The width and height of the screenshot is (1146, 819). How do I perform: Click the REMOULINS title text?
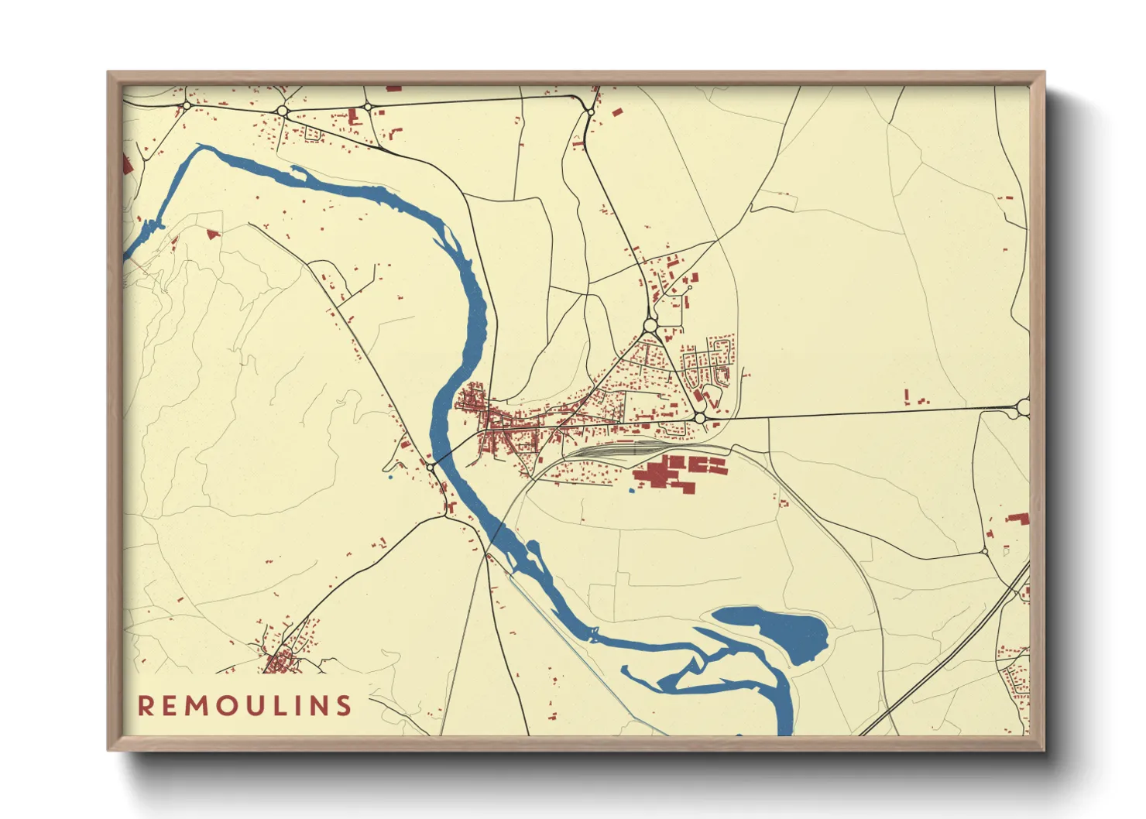pyautogui.click(x=245, y=705)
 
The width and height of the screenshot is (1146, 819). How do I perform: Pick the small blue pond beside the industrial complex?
pyautogui.click(x=632, y=490)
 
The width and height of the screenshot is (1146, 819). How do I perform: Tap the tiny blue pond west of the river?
pyautogui.click(x=390, y=477)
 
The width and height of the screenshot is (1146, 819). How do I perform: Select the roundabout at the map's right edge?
pyautogui.click(x=1024, y=406)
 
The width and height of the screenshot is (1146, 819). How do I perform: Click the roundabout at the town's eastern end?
pyautogui.click(x=700, y=418)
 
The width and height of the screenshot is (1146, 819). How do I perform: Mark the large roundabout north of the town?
pyautogui.click(x=650, y=325)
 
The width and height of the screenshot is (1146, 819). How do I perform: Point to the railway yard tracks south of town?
pyautogui.click(x=619, y=448)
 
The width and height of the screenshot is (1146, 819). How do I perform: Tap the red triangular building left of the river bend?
pyautogui.click(x=212, y=231)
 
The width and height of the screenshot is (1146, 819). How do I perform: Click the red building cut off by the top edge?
pyautogui.click(x=393, y=89)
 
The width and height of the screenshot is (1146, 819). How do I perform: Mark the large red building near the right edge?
pyautogui.click(x=1017, y=518)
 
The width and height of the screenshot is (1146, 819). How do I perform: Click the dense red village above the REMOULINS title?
pyautogui.click(x=280, y=661)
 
